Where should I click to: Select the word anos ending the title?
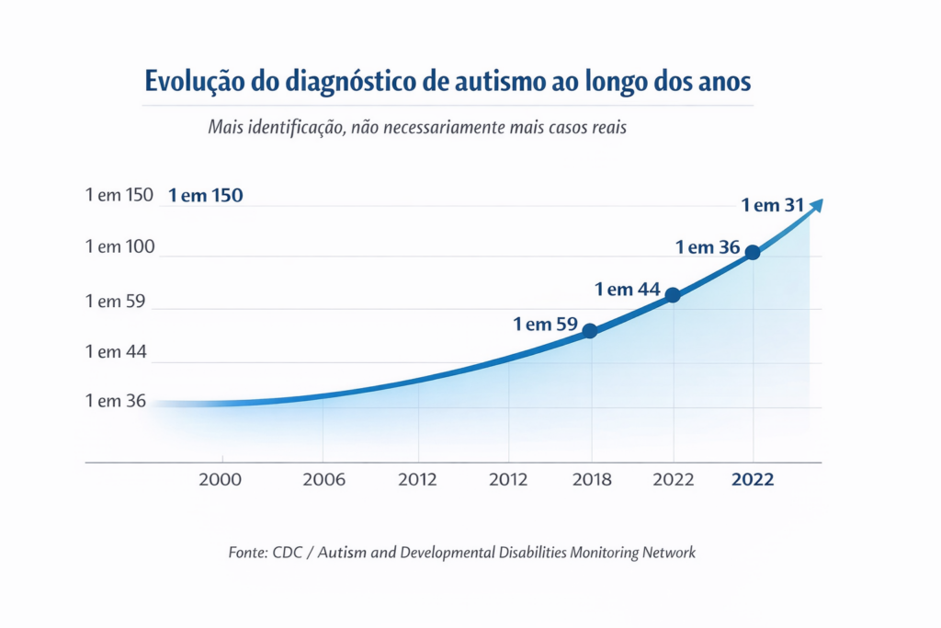pos(723,82)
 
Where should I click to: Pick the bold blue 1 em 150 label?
pos(206,196)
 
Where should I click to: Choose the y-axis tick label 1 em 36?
pos(115,401)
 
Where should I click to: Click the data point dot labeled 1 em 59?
pos(590,331)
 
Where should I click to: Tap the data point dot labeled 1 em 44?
pos(673,295)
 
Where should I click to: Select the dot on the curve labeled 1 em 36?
pos(753,253)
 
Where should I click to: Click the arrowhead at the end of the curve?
pos(815,205)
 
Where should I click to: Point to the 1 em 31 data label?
pos(773,206)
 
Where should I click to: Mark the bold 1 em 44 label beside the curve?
pos(628,290)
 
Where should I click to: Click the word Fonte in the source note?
pos(247,553)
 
